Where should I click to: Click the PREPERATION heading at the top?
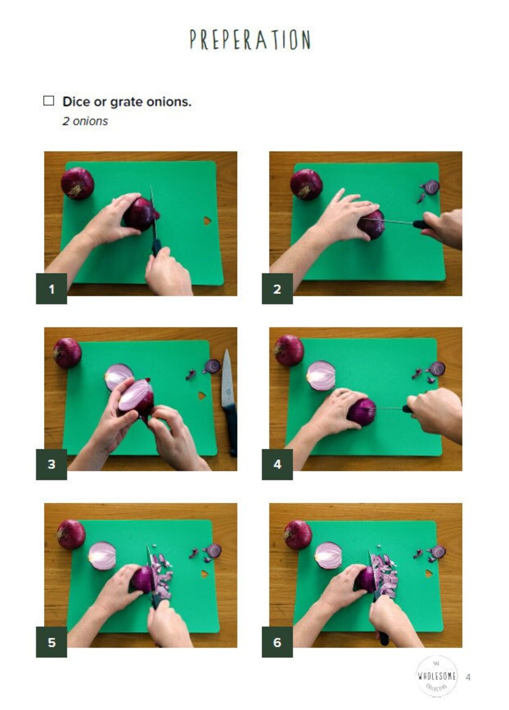click(250, 40)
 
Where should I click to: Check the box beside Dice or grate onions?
click(49, 101)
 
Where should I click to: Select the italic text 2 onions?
click(85, 121)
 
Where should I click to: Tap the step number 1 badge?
click(51, 289)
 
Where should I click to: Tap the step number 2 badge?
click(277, 289)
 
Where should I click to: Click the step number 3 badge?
click(51, 464)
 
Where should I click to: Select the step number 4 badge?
click(277, 464)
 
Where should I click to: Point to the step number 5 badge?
click(51, 642)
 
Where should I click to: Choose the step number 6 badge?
click(277, 642)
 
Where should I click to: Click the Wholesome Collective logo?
click(437, 676)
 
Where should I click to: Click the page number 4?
click(468, 677)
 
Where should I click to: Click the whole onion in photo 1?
click(77, 183)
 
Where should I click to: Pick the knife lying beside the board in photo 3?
click(229, 404)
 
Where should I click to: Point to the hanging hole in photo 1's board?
click(207, 220)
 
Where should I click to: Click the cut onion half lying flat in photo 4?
click(321, 376)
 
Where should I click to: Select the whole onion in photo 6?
click(298, 534)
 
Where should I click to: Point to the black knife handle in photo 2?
click(422, 224)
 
